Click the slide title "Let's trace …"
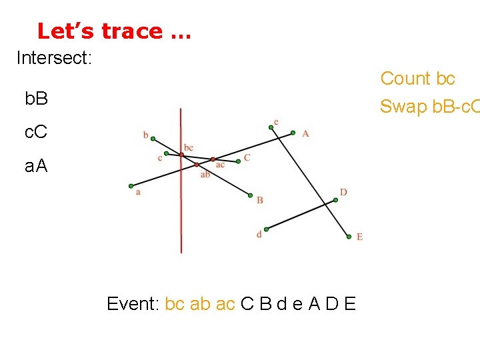pos(114,31)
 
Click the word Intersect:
pos(54,58)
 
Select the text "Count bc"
pos(417,79)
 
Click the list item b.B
pos(36,99)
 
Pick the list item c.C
pos(36,133)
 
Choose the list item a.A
pos(36,166)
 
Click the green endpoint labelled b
pos(153,139)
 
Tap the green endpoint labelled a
pos(131,185)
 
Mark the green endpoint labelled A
pos(293,133)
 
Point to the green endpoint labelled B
pos(250,196)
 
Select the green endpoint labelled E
pos(349,235)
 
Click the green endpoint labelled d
pos(265,227)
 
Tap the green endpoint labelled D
pos(335,199)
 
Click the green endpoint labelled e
pos(271,127)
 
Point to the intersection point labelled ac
pos(213,159)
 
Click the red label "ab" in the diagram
pos(205,175)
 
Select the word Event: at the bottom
pos(133,304)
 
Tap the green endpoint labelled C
pos(239,161)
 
